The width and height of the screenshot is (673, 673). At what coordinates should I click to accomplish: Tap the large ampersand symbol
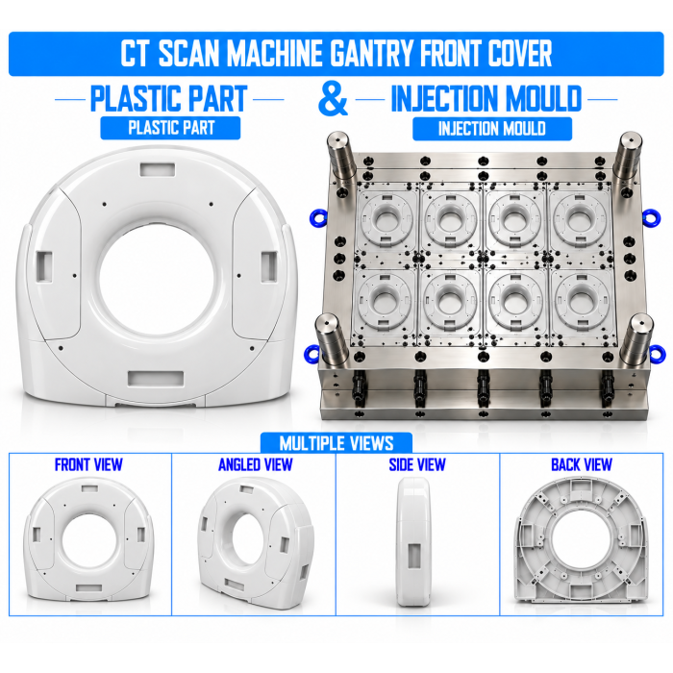pos(333,100)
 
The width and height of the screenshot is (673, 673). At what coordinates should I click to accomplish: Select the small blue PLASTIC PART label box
pos(170,128)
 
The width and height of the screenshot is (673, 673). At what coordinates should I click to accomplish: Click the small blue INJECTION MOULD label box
pos(492,129)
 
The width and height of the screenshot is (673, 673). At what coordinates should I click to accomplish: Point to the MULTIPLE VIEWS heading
pos(336,443)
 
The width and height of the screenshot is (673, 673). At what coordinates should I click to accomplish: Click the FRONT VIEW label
pos(88,464)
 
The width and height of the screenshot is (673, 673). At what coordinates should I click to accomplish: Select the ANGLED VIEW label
pos(256,464)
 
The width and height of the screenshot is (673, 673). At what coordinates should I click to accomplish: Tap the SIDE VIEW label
pos(417,464)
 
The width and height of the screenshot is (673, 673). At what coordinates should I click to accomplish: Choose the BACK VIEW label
pos(582,464)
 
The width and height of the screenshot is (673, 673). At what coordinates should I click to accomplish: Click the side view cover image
pos(413,541)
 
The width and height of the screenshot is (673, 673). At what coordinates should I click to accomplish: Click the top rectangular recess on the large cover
pos(158,169)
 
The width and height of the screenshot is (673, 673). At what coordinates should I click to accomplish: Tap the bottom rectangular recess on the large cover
pos(156,379)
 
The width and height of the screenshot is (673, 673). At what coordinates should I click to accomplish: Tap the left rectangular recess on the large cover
pos(44,267)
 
